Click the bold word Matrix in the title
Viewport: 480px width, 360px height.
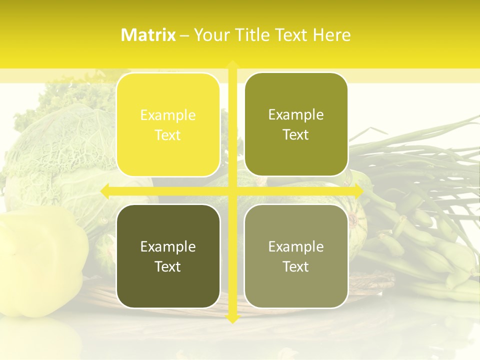[x=148, y=35]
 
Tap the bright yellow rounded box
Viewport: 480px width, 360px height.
[x=168, y=125]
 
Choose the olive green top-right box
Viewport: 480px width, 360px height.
[x=296, y=124]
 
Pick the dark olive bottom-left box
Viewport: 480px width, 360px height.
[x=168, y=256]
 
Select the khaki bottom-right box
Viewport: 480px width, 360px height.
[x=296, y=256]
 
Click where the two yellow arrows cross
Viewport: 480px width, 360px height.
[x=232, y=191]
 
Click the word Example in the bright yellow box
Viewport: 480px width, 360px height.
[x=168, y=115]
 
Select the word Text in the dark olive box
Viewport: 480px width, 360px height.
[x=168, y=266]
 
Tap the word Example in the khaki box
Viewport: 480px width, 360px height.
[x=296, y=246]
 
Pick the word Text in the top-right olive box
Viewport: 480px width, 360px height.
[x=296, y=134]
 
